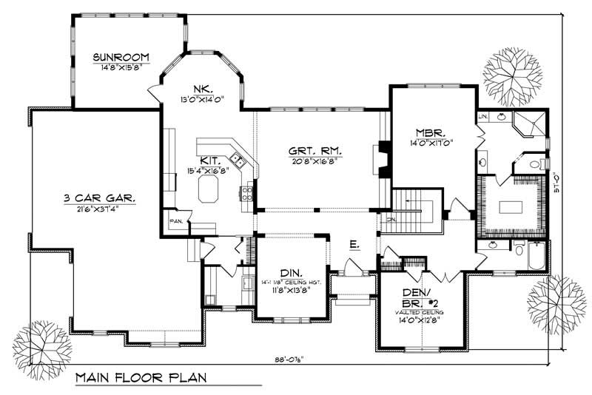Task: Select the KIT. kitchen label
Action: coord(208,160)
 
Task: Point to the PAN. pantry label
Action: coord(176,220)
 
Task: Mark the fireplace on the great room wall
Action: coord(383,159)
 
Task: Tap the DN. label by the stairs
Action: coord(391,219)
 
